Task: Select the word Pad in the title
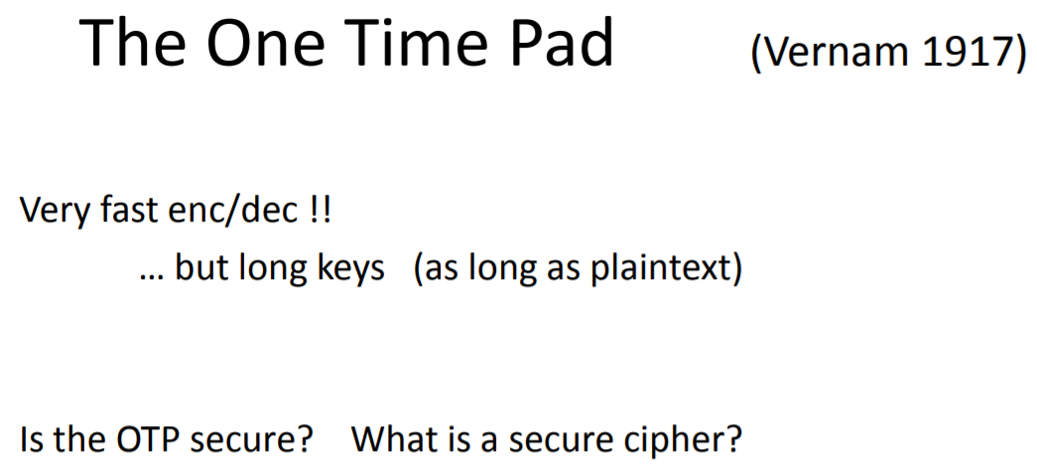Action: [x=563, y=44]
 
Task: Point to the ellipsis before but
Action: [x=151, y=270]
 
